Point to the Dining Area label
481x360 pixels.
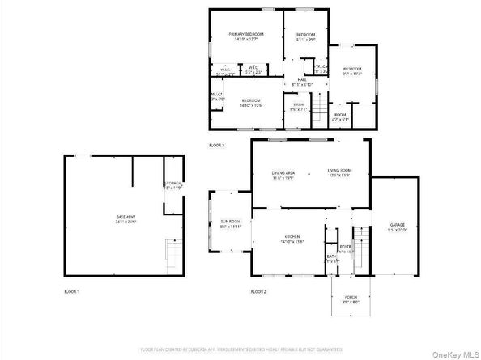coord(282,172)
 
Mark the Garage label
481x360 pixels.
coord(395,227)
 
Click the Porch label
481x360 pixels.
coord(351,299)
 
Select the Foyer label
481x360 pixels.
coord(346,247)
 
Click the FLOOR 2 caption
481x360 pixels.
coord(259,290)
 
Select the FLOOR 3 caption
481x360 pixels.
coord(216,145)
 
